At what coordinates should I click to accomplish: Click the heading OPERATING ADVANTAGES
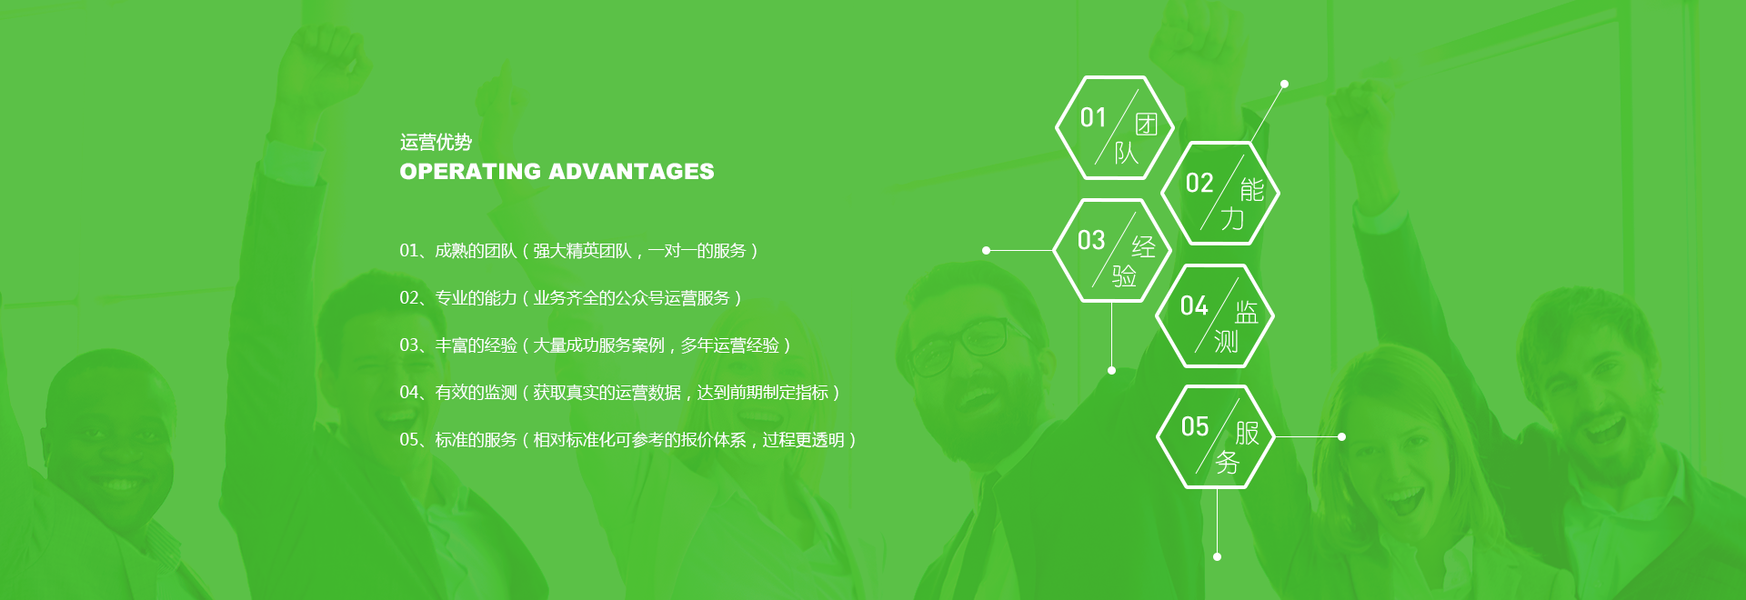coord(557,171)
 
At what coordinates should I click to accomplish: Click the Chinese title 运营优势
coord(436,142)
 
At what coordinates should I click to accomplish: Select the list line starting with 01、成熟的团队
coord(579,251)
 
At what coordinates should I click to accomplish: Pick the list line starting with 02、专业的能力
coord(571,298)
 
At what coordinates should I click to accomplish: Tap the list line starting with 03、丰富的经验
coord(596,345)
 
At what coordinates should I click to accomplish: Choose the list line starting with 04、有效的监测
coord(620,393)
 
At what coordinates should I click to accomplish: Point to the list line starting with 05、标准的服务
coord(628,440)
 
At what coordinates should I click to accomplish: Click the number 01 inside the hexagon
coord(1093,117)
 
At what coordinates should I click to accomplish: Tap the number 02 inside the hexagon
coord(1199,184)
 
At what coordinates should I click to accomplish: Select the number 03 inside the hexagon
coord(1091,240)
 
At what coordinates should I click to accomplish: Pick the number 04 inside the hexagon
coord(1194,305)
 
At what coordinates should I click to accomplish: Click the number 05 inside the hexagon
coord(1195,426)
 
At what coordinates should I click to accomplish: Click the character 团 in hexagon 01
coord(1146,125)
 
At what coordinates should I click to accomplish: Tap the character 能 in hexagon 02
coord(1252,190)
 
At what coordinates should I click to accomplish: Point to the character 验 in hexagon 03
coord(1124,275)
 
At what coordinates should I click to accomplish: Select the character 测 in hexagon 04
coord(1226,341)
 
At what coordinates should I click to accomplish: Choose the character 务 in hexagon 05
coord(1228,462)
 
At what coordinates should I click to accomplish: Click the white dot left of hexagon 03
coord(986,250)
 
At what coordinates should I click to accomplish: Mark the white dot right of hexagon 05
coord(1341,437)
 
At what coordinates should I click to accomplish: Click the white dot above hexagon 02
coord(1284,84)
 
